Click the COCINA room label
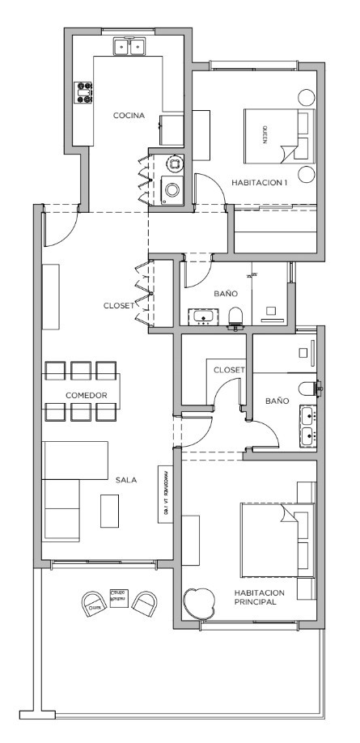pyautogui.click(x=129, y=116)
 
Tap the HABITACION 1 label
pyautogui.click(x=260, y=183)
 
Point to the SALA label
pyautogui.click(x=125, y=480)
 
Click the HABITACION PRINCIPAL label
pyautogui.click(x=257, y=597)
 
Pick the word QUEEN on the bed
pyautogui.click(x=264, y=134)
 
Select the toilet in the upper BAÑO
pyautogui.click(x=236, y=316)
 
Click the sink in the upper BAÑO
pyautogui.click(x=200, y=316)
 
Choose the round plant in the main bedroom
pyautogui.click(x=198, y=601)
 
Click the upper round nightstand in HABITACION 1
pyautogui.click(x=307, y=96)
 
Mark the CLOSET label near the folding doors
pyautogui.click(x=119, y=306)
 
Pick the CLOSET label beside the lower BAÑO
pyautogui.click(x=230, y=370)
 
